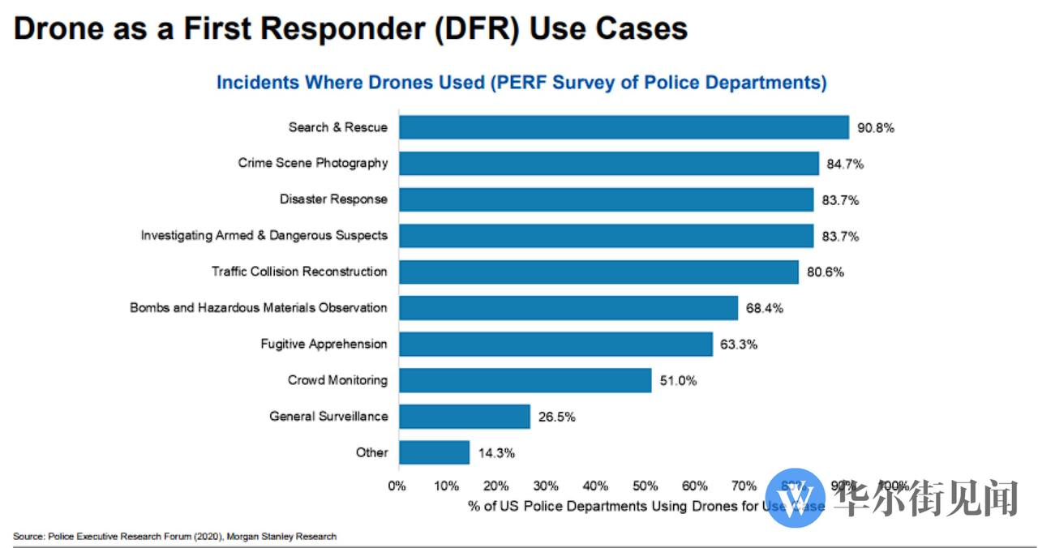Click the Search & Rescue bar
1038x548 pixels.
pyautogui.click(x=624, y=127)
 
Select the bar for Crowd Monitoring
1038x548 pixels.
pyautogui.click(x=525, y=380)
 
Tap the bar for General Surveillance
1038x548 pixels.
pyautogui.click(x=464, y=417)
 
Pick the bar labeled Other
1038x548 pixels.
pyautogui.click(x=434, y=452)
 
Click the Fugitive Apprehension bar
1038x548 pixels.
pyautogui.click(x=555, y=344)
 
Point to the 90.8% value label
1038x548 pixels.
pyautogui.click(x=875, y=128)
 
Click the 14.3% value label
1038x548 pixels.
pyautogui.click(x=495, y=453)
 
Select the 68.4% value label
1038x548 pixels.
pyautogui.click(x=764, y=309)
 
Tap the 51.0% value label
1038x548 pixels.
pyautogui.click(x=677, y=381)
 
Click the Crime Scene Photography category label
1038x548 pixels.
pyautogui.click(x=312, y=163)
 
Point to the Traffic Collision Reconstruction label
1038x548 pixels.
pyautogui.click(x=299, y=272)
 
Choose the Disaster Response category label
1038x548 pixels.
pyautogui.click(x=333, y=199)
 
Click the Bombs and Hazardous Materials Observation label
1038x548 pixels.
pyautogui.click(x=258, y=308)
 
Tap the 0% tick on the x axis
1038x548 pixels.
pyautogui.click(x=397, y=486)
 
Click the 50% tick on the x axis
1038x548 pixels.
pyautogui.click(x=645, y=486)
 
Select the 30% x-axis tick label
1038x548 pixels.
pyautogui.click(x=546, y=486)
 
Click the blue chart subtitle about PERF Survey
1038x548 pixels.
pyautogui.click(x=521, y=83)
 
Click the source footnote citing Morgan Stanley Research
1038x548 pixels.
pyautogui.click(x=174, y=537)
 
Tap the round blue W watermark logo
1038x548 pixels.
pyautogui.click(x=795, y=498)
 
